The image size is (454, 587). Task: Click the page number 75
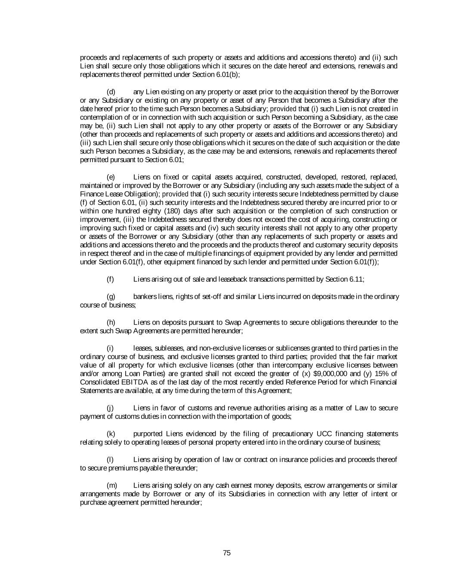(x=227, y=553)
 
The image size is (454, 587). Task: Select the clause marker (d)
(x=111, y=92)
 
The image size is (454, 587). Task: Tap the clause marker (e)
(x=111, y=177)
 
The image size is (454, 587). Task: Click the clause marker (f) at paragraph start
(x=110, y=279)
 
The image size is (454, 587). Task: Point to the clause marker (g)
(x=111, y=296)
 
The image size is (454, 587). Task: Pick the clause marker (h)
(x=111, y=322)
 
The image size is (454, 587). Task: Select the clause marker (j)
(x=110, y=408)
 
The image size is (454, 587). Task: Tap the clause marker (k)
(x=111, y=433)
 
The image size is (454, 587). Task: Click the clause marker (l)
(x=110, y=459)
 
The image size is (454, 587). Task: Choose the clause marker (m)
(x=111, y=485)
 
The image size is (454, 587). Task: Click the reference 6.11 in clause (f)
(x=356, y=279)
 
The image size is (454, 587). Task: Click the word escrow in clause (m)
(x=315, y=485)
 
